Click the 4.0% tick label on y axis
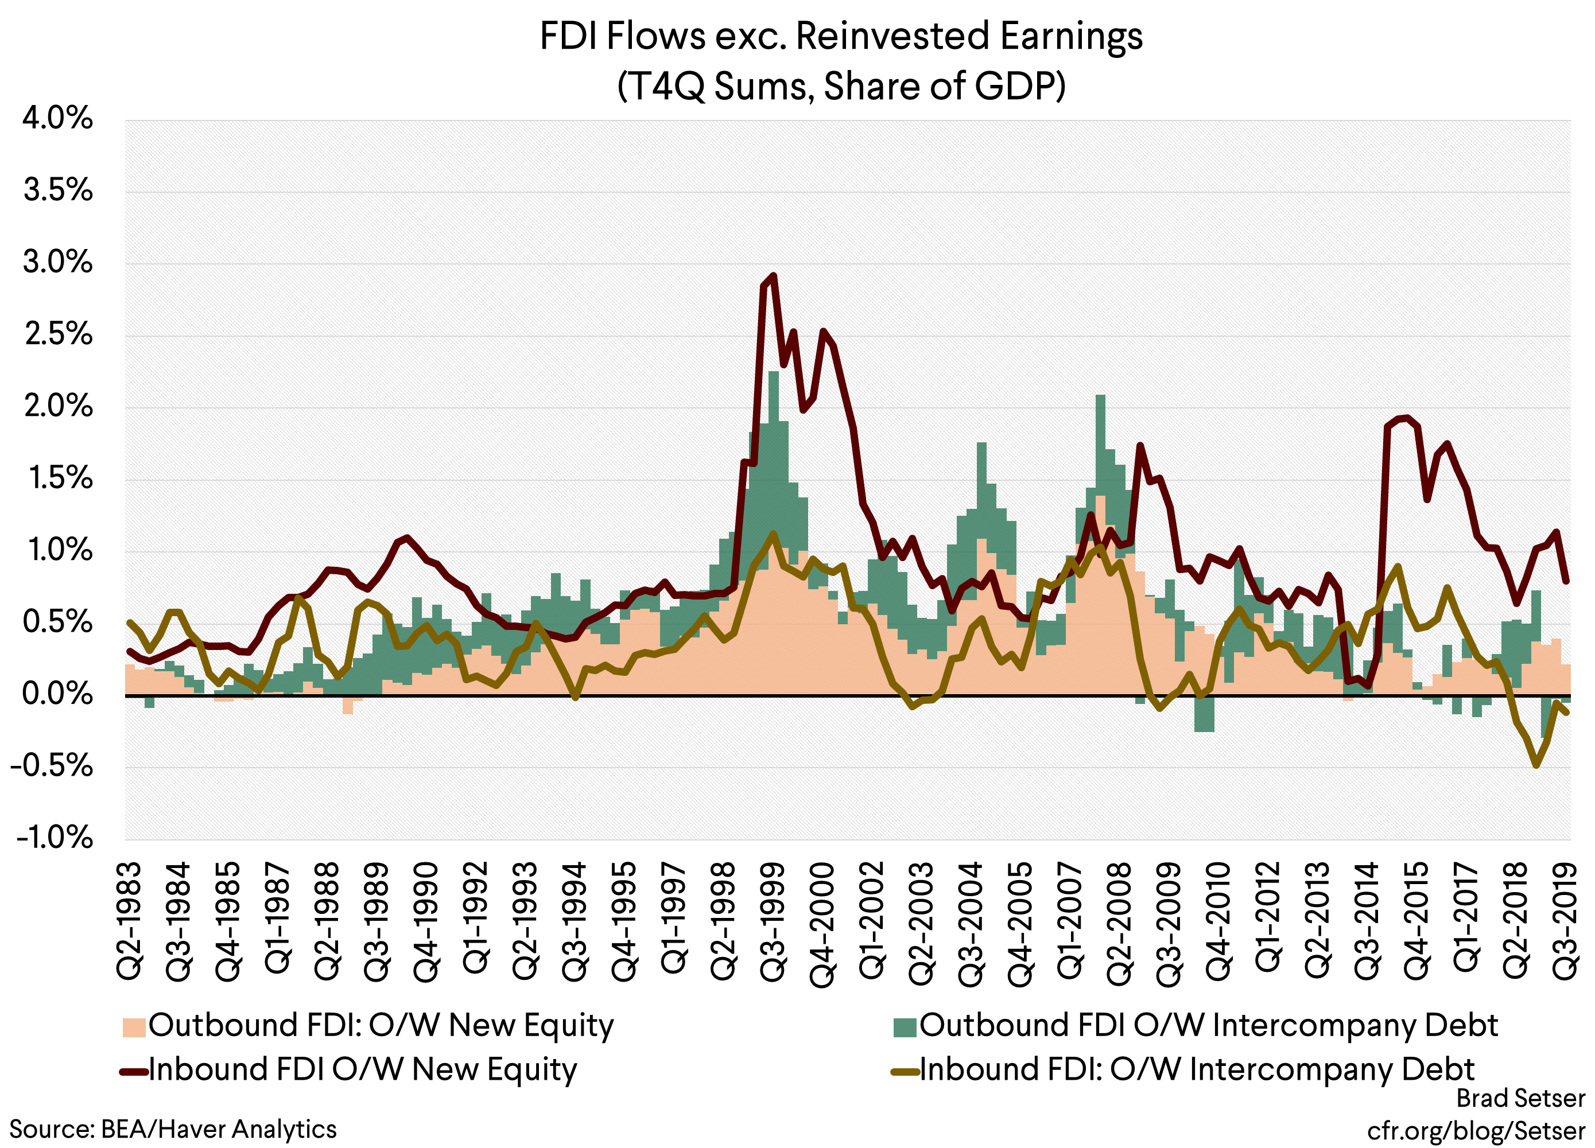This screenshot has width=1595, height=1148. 57,118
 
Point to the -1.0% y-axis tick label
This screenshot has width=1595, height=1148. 53,838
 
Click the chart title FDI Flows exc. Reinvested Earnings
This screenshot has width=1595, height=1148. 841,37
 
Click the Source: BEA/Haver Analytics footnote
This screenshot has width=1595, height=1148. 173,1129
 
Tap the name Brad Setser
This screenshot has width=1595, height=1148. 1520,1098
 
